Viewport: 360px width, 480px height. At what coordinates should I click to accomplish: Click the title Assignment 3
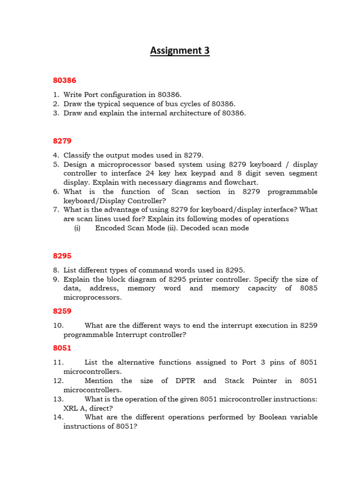pyautogui.click(x=180, y=51)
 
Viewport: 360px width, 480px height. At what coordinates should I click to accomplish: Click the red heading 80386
pyautogui.click(x=64, y=81)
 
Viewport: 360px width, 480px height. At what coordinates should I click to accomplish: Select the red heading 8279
pyautogui.click(x=62, y=141)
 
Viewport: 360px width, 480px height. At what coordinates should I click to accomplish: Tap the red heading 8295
pyautogui.click(x=62, y=256)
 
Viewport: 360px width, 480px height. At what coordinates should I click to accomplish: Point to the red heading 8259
pyautogui.click(x=62, y=311)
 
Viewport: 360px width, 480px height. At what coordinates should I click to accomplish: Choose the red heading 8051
pyautogui.click(x=62, y=348)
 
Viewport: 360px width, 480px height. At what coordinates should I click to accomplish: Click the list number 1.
pyautogui.click(x=56, y=95)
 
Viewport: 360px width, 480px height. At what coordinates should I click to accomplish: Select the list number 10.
pyautogui.click(x=58, y=325)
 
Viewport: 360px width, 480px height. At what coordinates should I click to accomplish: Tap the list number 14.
pyautogui.click(x=58, y=417)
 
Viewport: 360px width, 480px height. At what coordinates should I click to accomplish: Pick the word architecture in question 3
pyautogui.click(x=188, y=113)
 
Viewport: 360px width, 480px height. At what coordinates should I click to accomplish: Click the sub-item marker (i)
pyautogui.click(x=77, y=228)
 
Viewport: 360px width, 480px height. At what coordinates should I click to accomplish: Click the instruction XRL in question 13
pyautogui.click(x=72, y=408)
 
